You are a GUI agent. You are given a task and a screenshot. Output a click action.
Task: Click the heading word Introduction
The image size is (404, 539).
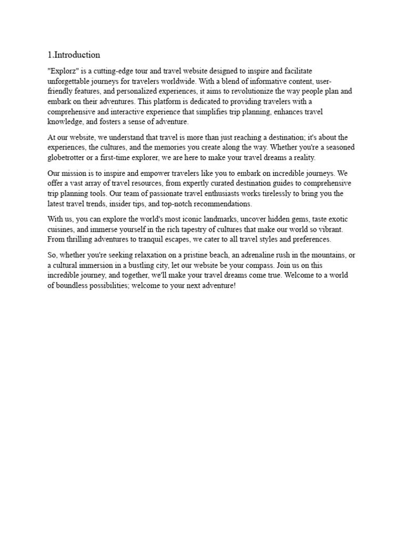tap(77, 55)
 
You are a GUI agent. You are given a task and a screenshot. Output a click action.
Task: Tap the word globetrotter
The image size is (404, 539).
tap(68, 158)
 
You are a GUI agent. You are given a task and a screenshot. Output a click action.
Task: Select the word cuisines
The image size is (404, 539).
tap(63, 229)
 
